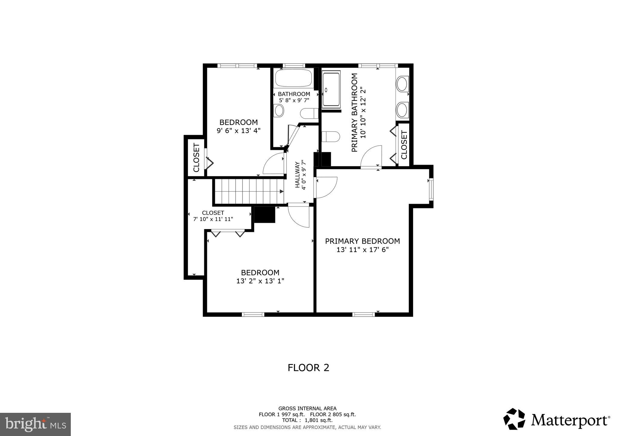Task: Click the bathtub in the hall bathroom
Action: click(293, 78)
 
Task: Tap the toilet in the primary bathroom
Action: click(330, 137)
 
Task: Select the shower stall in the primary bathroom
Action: click(331, 89)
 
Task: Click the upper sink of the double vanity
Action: click(402, 84)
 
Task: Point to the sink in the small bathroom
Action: click(279, 111)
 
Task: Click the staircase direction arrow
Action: click(281, 192)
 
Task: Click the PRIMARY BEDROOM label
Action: click(362, 241)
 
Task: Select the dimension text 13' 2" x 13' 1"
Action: click(260, 281)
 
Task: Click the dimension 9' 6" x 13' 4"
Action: click(238, 131)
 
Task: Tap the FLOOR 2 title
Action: click(308, 368)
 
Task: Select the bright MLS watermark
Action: click(35, 424)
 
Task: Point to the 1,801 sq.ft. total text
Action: click(318, 420)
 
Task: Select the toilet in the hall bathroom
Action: click(309, 114)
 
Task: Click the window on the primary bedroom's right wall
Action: click(431, 189)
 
